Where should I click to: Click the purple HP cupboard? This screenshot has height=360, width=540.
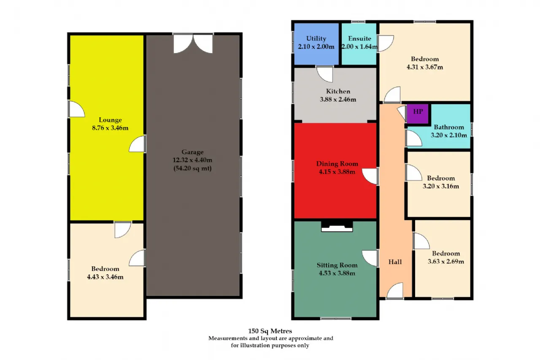pyautogui.click(x=418, y=114)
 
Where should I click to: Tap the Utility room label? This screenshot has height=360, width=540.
pyautogui.click(x=316, y=38)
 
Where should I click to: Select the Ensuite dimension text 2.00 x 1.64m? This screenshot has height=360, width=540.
pyautogui.click(x=359, y=46)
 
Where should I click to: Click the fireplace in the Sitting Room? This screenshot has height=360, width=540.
pyautogui.click(x=337, y=226)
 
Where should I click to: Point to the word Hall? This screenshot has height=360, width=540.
pyautogui.click(x=395, y=262)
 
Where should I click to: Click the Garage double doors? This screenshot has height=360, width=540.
pyautogui.click(x=193, y=43)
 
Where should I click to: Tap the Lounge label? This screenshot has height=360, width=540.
pyautogui.click(x=110, y=120)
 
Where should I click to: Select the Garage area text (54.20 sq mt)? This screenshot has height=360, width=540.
pyautogui.click(x=192, y=168)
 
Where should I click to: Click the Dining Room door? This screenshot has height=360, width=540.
pyautogui.click(x=370, y=176)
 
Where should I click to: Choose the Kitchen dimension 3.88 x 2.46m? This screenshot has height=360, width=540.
pyautogui.click(x=338, y=99)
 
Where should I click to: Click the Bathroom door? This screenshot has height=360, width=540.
pyautogui.click(x=414, y=138)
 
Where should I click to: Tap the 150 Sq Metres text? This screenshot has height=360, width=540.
pyautogui.click(x=270, y=331)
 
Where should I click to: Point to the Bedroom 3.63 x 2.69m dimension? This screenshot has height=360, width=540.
pyautogui.click(x=446, y=261)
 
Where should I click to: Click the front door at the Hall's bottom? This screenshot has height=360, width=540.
pyautogui.click(x=395, y=291)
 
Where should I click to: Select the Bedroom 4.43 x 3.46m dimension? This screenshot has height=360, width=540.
pyautogui.click(x=105, y=277)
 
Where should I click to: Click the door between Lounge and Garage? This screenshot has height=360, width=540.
pyautogui.click(x=137, y=144)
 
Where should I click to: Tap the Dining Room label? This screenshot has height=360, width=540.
pyautogui.click(x=337, y=164)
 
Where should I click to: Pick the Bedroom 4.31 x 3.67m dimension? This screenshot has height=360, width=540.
pyautogui.click(x=425, y=67)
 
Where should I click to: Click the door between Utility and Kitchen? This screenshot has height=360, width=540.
pyautogui.click(x=324, y=74)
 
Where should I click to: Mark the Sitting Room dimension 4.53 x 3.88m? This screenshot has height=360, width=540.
pyautogui.click(x=337, y=273)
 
